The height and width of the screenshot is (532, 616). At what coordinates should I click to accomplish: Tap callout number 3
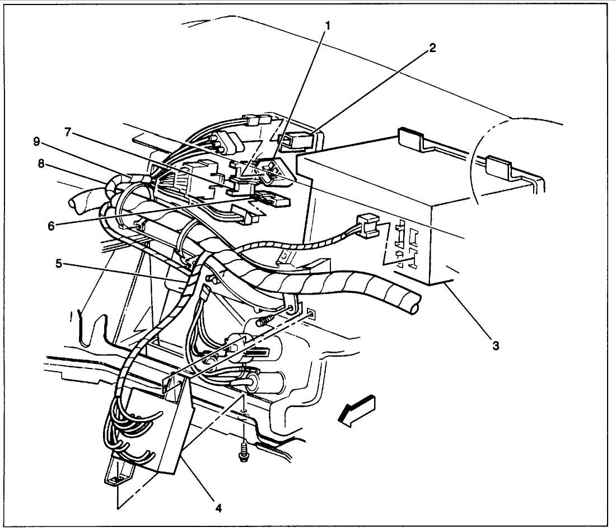495,346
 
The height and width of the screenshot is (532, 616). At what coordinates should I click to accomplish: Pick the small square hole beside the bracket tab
311,315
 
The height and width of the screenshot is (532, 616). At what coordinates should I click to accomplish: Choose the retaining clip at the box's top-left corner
410,137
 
